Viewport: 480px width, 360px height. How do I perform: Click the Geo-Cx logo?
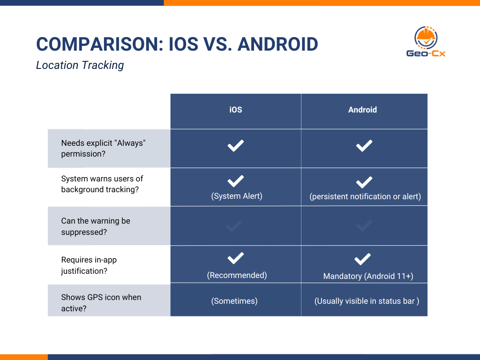(x=426, y=42)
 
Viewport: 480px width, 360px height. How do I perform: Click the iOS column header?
(x=236, y=110)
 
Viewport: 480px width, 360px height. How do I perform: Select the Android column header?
(x=362, y=110)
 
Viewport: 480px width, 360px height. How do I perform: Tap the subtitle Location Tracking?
(x=80, y=65)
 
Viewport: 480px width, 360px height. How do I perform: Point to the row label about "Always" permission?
(x=104, y=148)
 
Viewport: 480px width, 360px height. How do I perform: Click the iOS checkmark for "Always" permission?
(x=235, y=146)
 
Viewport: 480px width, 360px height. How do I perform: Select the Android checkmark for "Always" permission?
(x=364, y=146)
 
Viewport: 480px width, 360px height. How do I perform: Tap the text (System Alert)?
(x=237, y=196)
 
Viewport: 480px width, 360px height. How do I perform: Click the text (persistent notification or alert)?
(x=365, y=196)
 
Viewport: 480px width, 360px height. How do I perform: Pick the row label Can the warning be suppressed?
(x=96, y=226)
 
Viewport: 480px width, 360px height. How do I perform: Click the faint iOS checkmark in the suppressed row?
(x=234, y=226)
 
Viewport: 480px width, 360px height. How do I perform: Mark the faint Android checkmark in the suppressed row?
(x=364, y=226)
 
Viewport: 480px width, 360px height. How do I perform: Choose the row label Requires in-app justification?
(x=89, y=265)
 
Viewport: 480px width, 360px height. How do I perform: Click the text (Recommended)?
(x=237, y=275)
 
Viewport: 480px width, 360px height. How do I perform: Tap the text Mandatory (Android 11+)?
(x=368, y=276)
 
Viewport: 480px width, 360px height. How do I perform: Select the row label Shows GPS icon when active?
(x=101, y=303)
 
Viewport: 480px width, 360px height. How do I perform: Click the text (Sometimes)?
(x=234, y=301)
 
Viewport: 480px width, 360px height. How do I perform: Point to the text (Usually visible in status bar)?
(x=367, y=301)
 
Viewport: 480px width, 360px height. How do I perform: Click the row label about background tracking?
(x=102, y=184)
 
